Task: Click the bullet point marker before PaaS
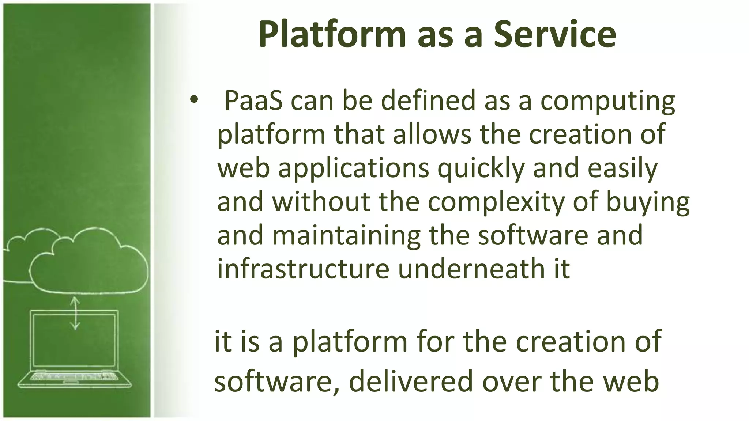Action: pyautogui.click(x=193, y=99)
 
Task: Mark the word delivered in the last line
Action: pyautogui.click(x=411, y=382)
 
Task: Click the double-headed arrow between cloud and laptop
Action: pyautogui.click(x=75, y=313)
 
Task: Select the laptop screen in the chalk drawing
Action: pyautogui.click(x=75, y=340)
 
